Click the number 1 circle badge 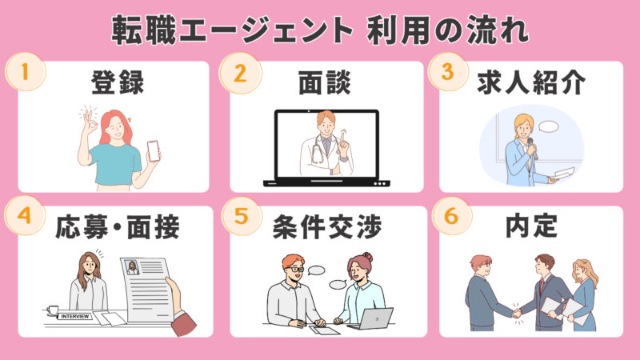pos(26,72)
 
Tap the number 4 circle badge pos(25,215)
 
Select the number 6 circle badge pos(451,216)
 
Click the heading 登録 pos(118,82)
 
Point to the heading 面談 pos(325,82)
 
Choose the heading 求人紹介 pos(531,82)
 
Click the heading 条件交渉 pos(327,226)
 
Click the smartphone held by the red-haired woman pos(154,150)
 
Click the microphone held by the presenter pos(532,148)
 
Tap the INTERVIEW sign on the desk pos(74,316)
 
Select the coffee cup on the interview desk pos(52,310)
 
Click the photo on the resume pos(132,268)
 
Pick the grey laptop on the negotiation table pos(371,319)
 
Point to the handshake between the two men pos(517,314)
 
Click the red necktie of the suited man pos(542,286)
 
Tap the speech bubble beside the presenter pos(549,126)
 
